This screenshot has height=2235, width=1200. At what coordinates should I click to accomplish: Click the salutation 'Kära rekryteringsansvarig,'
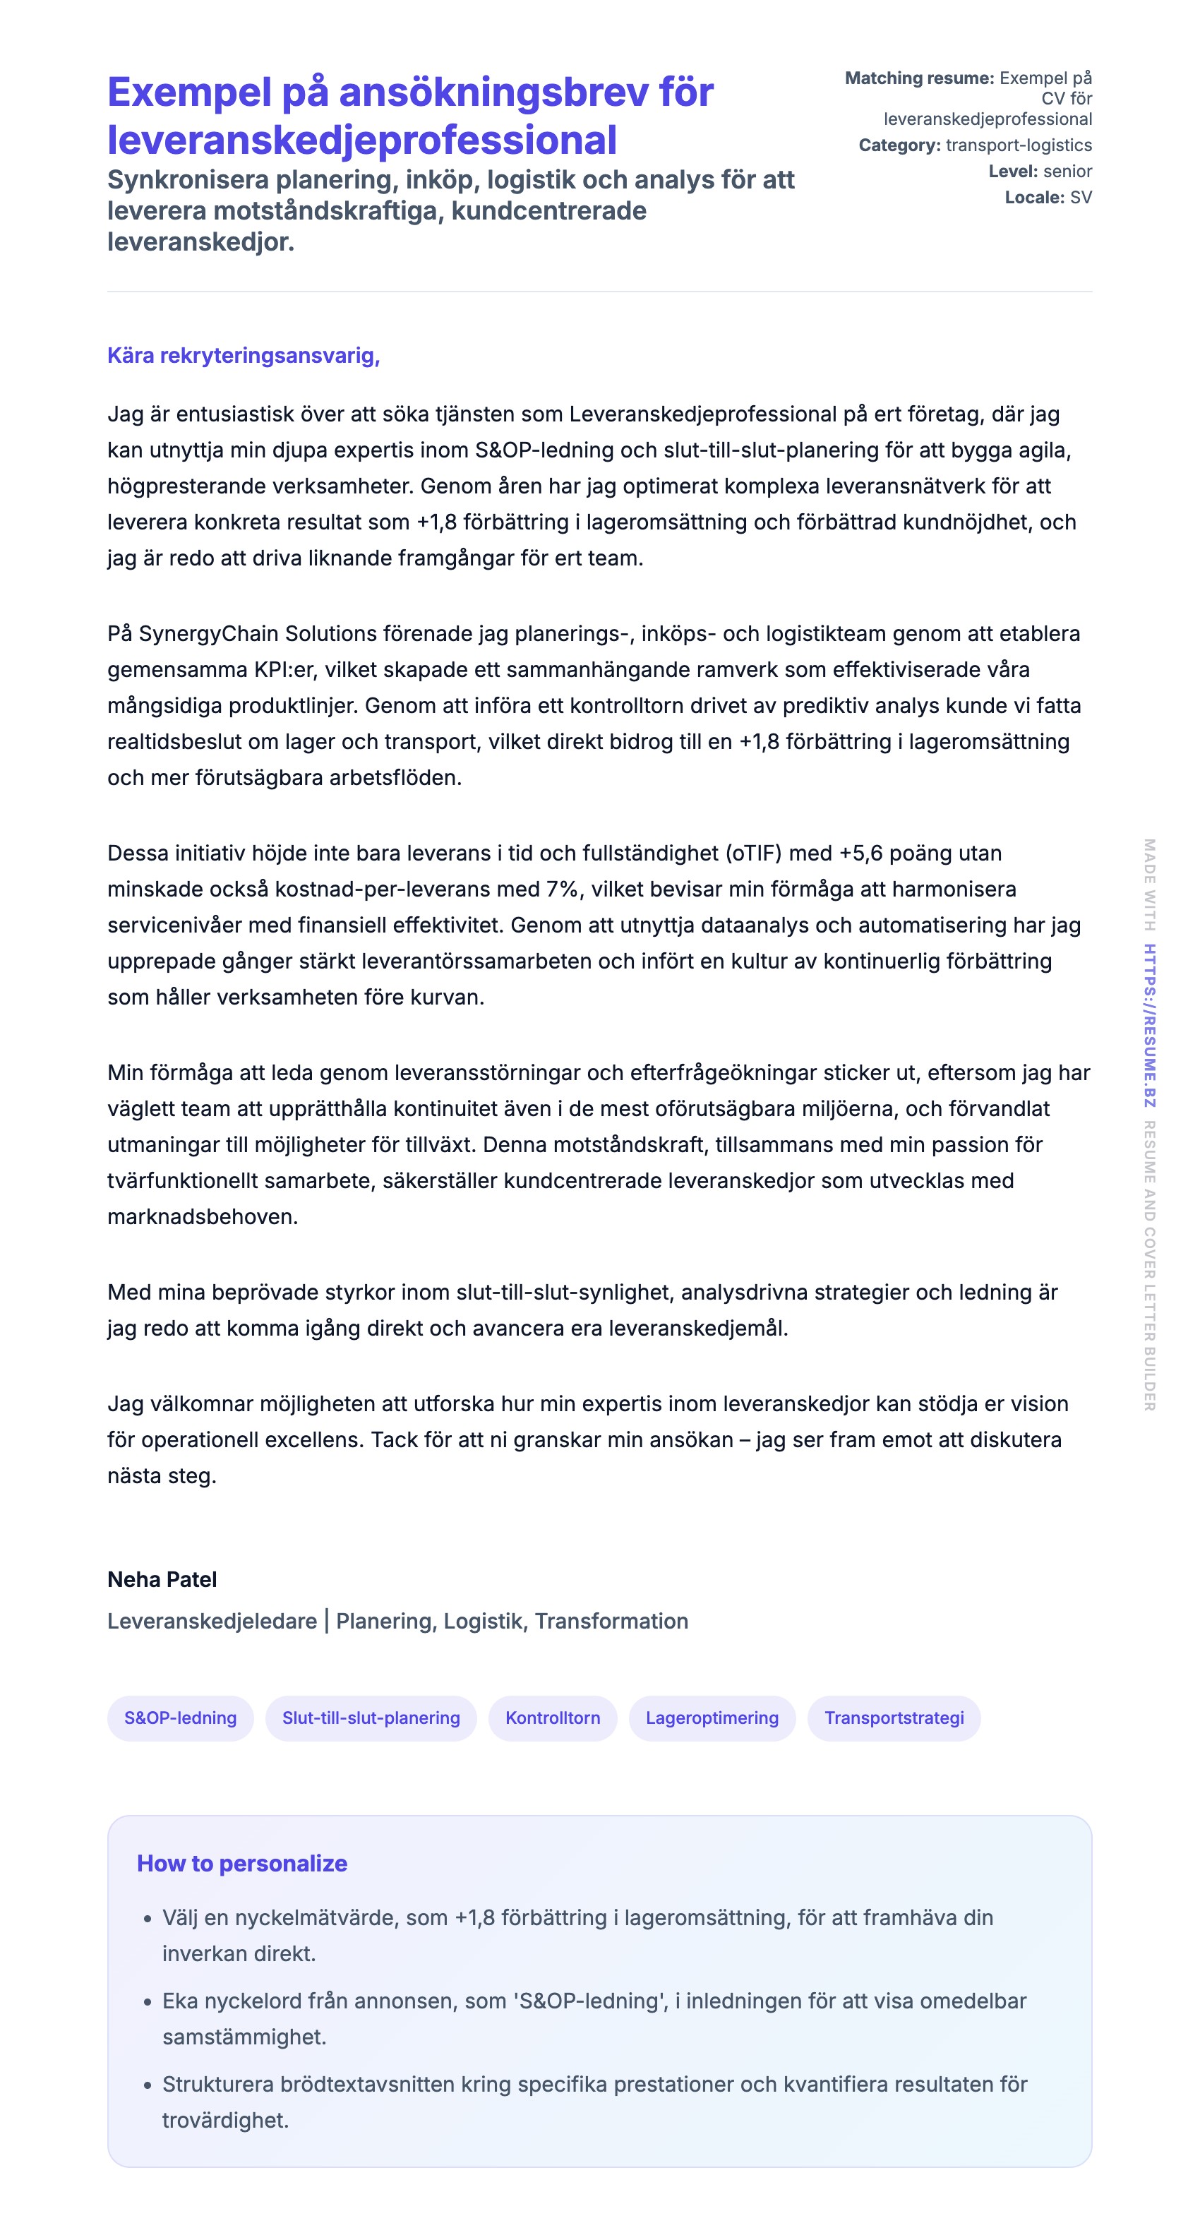pyautogui.click(x=243, y=356)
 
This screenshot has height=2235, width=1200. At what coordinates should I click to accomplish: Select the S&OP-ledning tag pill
pyautogui.click(x=181, y=1718)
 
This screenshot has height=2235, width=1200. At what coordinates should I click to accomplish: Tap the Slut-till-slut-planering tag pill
pyautogui.click(x=371, y=1718)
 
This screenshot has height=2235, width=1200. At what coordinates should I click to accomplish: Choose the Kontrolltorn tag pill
pyautogui.click(x=553, y=1718)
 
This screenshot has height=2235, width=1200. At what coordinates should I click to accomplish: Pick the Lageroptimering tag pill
pyautogui.click(x=712, y=1718)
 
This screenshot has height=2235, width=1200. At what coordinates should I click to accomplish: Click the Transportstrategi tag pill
pyautogui.click(x=894, y=1718)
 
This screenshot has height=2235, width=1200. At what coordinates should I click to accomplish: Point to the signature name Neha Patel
pyautogui.click(x=162, y=1579)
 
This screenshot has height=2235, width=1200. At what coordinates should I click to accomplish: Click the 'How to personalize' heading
pyautogui.click(x=242, y=1864)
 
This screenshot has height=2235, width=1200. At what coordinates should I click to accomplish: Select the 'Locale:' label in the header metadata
pyautogui.click(x=1034, y=198)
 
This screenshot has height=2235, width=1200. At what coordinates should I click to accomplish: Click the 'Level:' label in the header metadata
pyautogui.click(x=1012, y=172)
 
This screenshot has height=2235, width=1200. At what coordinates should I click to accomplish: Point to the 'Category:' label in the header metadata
pyautogui.click(x=899, y=145)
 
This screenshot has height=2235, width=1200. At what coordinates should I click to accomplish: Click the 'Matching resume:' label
pyautogui.click(x=919, y=78)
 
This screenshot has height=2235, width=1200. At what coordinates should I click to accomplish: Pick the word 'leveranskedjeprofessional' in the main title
pyautogui.click(x=362, y=140)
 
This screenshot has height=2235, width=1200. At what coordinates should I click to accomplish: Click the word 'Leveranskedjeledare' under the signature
pyautogui.click(x=212, y=1621)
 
